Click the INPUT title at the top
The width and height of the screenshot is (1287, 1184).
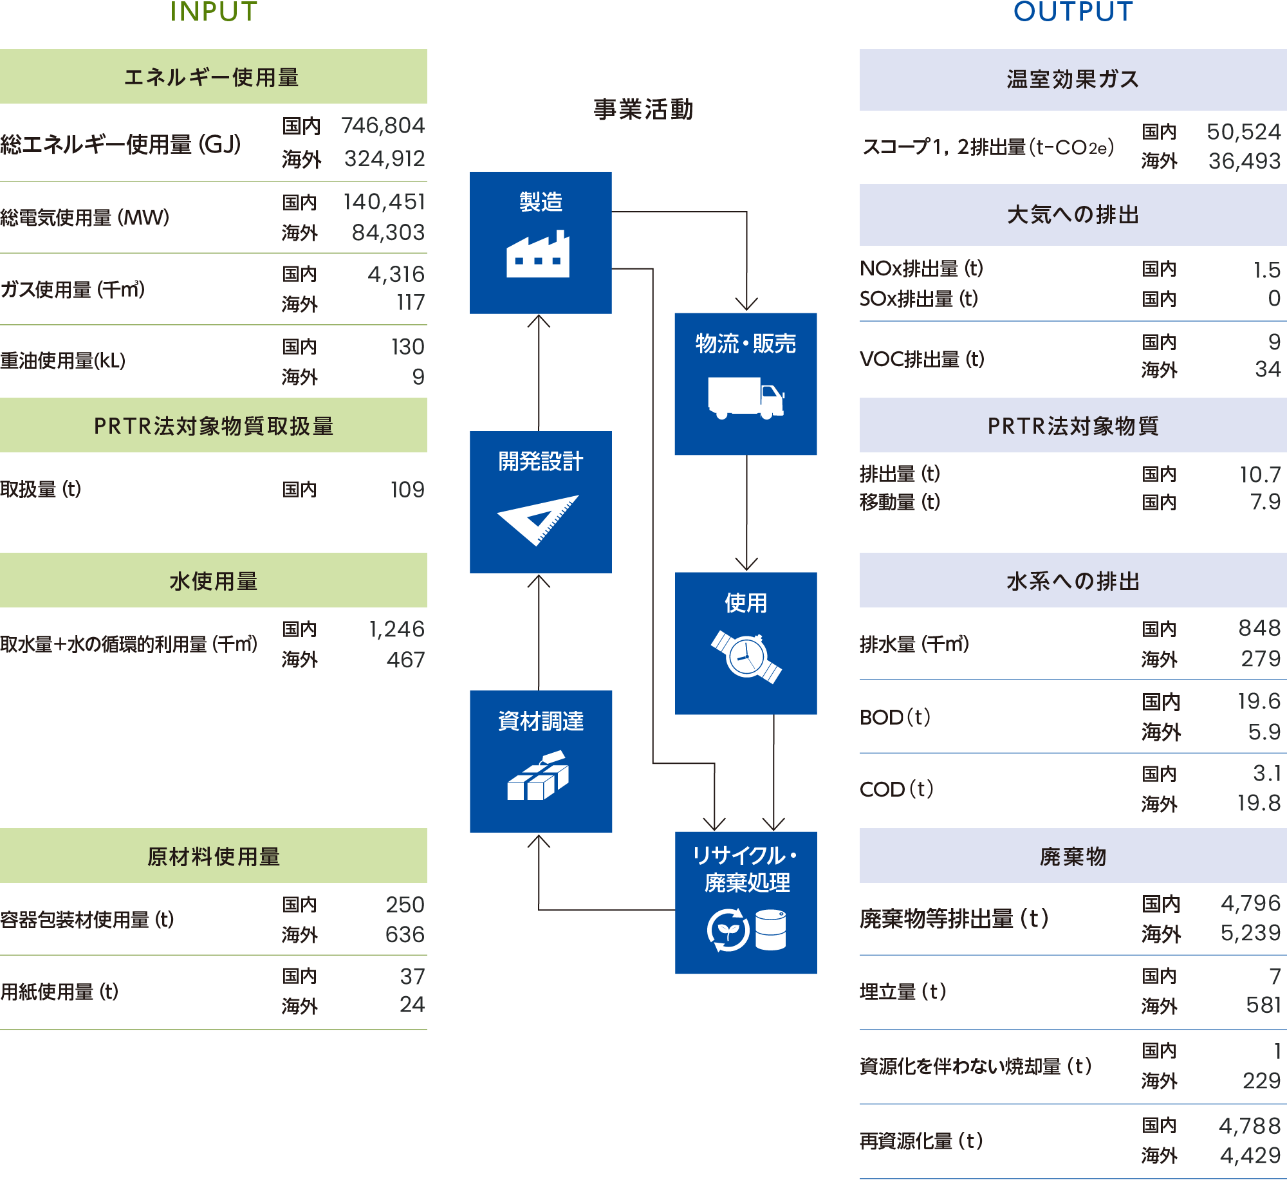(214, 12)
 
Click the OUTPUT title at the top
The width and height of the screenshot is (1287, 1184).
(1073, 12)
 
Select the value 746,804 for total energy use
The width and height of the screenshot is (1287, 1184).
(383, 125)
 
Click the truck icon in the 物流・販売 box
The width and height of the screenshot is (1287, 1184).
(746, 398)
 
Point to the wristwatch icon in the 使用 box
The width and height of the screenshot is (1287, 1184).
(746, 656)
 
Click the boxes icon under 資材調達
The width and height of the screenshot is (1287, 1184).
(538, 775)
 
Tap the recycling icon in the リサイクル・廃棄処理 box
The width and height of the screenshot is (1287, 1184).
(728, 930)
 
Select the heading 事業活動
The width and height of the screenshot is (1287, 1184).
(643, 109)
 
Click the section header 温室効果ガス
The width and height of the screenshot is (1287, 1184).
(1073, 79)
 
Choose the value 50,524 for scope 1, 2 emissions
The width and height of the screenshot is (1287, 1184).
(1244, 132)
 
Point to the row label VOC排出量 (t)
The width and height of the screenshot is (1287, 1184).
(922, 358)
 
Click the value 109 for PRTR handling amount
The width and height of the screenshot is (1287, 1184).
(407, 490)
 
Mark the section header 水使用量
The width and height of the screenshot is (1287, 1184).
(214, 581)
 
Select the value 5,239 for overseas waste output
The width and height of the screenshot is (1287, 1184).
(1251, 933)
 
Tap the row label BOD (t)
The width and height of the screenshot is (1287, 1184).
(895, 717)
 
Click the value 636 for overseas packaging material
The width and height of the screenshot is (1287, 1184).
(405, 934)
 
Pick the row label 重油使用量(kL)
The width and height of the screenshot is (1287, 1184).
(63, 360)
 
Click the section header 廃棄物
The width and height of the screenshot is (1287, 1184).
(1073, 856)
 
